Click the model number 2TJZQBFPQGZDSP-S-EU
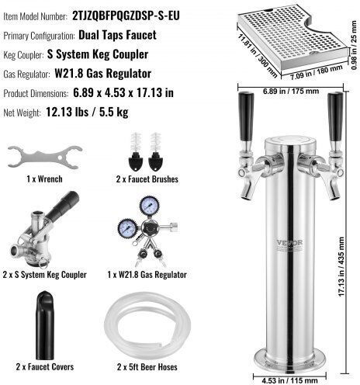pyautogui.click(x=126, y=16)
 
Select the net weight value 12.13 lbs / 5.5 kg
pyautogui.click(x=87, y=112)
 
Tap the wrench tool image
pyautogui.click(x=45, y=157)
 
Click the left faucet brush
pyautogui.click(x=136, y=152)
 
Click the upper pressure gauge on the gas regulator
pyautogui.click(x=150, y=206)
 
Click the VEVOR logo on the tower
pyautogui.click(x=289, y=243)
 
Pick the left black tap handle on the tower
pyautogui.click(x=246, y=116)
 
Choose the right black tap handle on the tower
pyautogui.click(x=335, y=117)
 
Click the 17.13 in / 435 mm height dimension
pyautogui.click(x=341, y=267)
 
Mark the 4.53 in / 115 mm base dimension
pyautogui.click(x=289, y=380)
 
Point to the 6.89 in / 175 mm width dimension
pyautogui.click(x=291, y=92)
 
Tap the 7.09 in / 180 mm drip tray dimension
pyautogui.click(x=317, y=72)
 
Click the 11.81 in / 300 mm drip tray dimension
pyautogui.click(x=258, y=56)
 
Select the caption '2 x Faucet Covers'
pyautogui.click(x=45, y=366)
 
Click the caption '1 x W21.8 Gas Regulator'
pyautogui.click(x=147, y=275)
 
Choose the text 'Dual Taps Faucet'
pyautogui.click(x=117, y=35)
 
